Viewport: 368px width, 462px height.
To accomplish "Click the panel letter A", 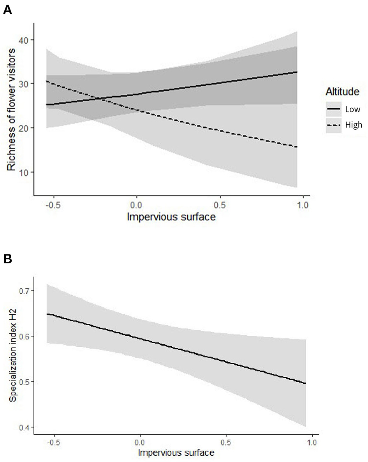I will tap(7, 11).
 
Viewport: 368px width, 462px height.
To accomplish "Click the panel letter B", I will tap(7, 259).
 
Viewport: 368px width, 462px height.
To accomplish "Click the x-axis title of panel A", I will tap(171, 217).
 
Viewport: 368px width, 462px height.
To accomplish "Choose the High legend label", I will tap(353, 125).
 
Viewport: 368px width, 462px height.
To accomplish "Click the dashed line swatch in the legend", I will tap(334, 125).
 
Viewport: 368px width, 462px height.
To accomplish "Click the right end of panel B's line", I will tap(305, 383).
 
